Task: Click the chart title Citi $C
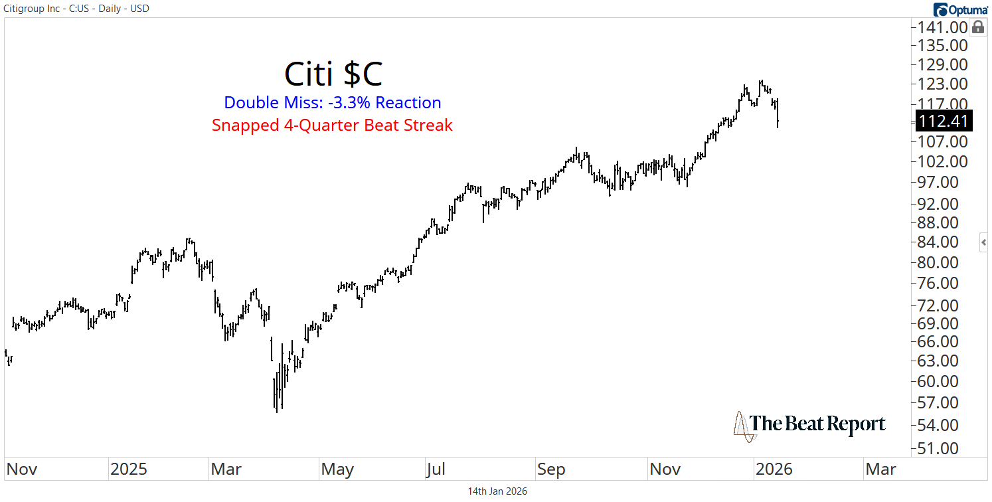tap(333, 74)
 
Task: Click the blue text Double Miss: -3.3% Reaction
tap(333, 103)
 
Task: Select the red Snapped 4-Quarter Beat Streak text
tap(332, 125)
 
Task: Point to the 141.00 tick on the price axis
tap(943, 27)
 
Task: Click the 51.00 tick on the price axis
tap(943, 448)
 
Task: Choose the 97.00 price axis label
tap(943, 182)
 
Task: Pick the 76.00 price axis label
tap(943, 283)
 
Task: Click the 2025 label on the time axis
tap(129, 469)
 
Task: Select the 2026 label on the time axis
tap(774, 469)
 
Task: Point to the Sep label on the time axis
tap(551, 469)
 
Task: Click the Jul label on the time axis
tap(436, 469)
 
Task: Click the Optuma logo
tap(959, 9)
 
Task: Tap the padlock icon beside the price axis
tap(977, 27)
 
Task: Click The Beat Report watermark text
tap(817, 424)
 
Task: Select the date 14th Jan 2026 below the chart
tap(497, 491)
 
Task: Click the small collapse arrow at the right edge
tap(984, 243)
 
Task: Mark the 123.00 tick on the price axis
tap(943, 84)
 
